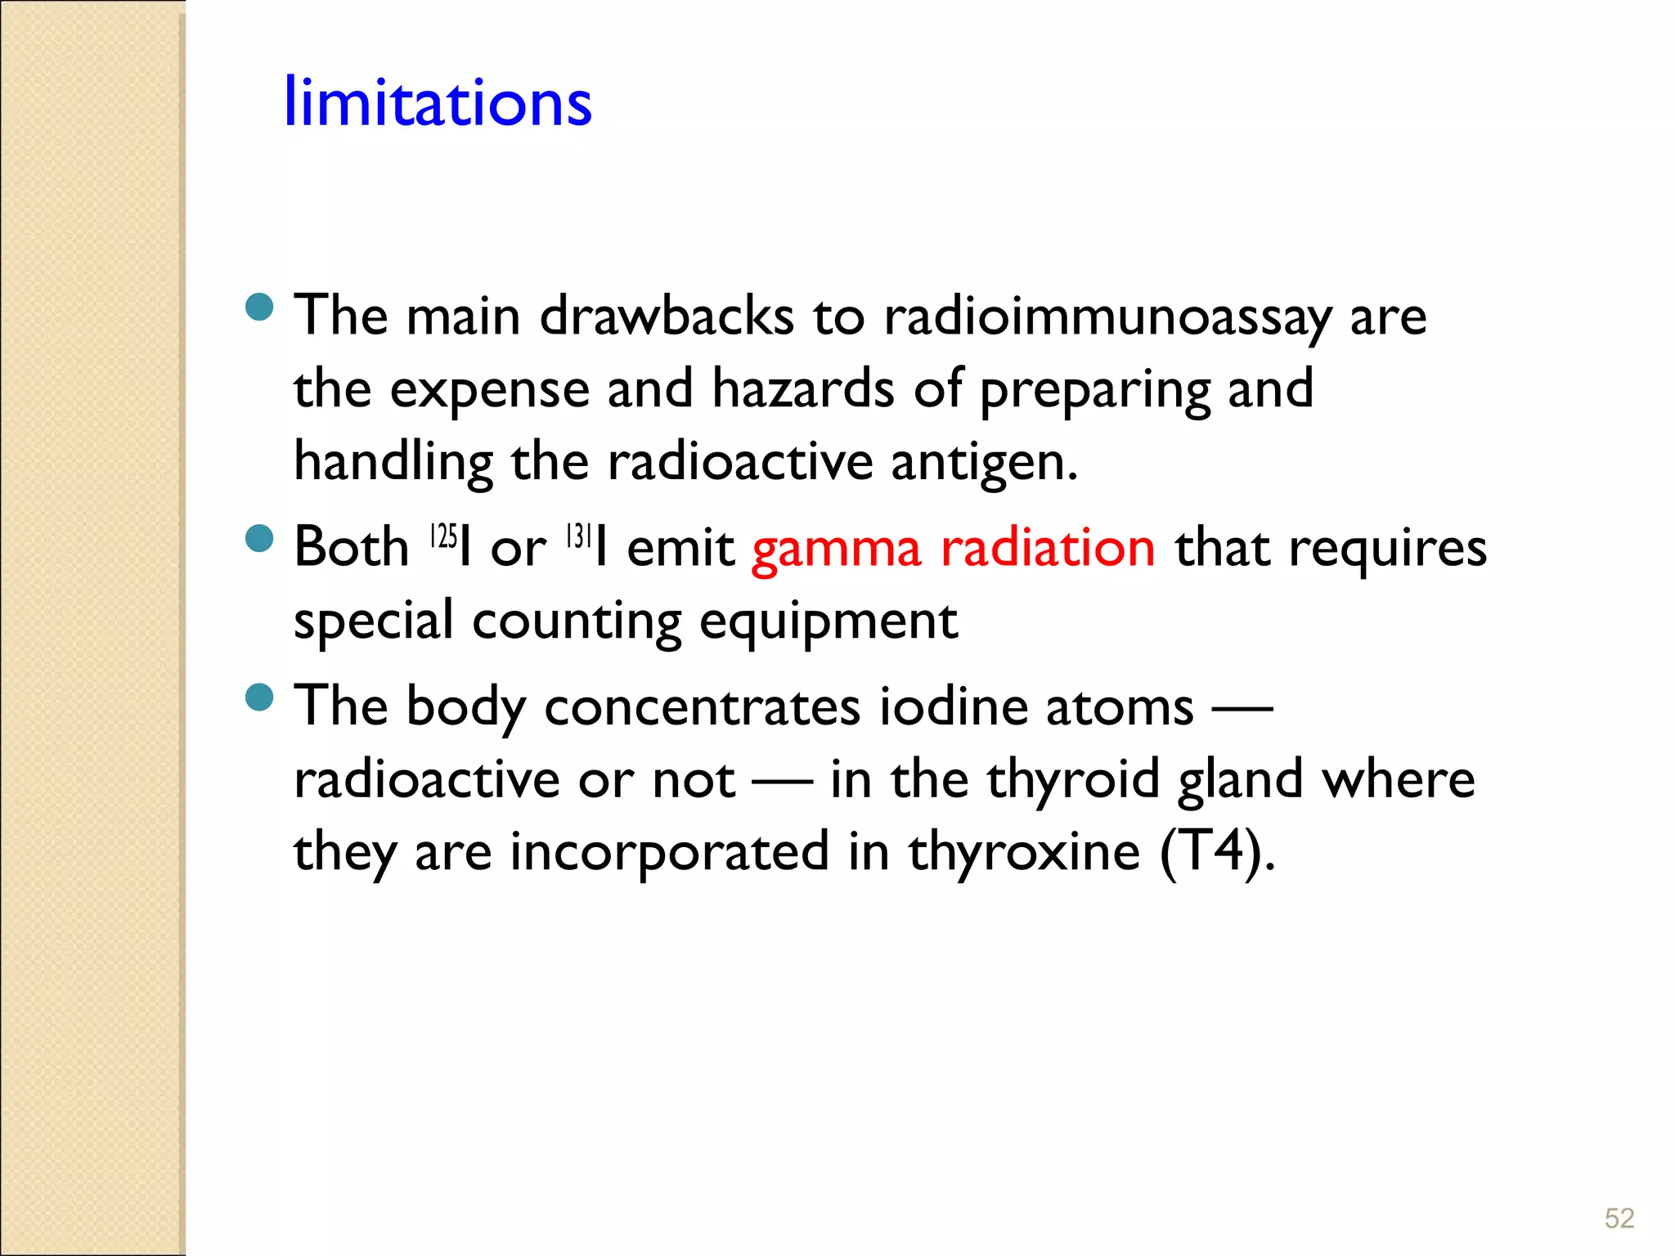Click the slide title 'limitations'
(x=438, y=102)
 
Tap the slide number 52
(x=1619, y=1218)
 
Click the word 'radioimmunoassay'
(x=1107, y=317)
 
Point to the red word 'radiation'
(x=1049, y=547)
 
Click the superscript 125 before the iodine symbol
(x=443, y=536)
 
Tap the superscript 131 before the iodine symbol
(x=578, y=536)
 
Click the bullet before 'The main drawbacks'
(x=259, y=307)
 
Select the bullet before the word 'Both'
(x=259, y=539)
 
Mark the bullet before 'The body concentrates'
(x=259, y=698)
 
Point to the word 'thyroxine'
(x=1024, y=853)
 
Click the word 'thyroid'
(x=1073, y=780)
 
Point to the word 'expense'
(x=489, y=390)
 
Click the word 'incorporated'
(x=670, y=853)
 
